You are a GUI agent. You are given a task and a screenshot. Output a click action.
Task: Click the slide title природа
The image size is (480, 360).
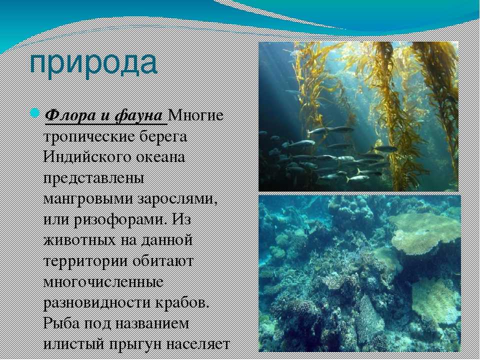pyautogui.click(x=93, y=63)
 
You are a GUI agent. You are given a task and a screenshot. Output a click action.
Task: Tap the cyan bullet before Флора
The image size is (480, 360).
pyautogui.click(x=34, y=113)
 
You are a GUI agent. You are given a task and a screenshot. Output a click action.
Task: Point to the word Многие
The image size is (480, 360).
pyautogui.click(x=196, y=115)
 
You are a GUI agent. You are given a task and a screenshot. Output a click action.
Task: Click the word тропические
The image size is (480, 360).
pyautogui.click(x=89, y=137)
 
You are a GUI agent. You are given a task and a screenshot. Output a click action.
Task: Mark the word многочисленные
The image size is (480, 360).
pyautogui.click(x=103, y=282)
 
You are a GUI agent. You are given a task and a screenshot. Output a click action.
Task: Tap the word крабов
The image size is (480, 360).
pyautogui.click(x=182, y=303)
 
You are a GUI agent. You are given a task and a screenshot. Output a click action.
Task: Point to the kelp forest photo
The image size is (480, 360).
pyautogui.click(x=358, y=116)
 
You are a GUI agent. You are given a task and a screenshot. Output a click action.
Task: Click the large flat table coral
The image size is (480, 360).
pyautogui.click(x=425, y=232)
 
